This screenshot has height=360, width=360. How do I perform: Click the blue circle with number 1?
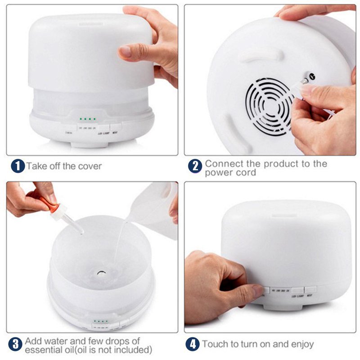(18, 166)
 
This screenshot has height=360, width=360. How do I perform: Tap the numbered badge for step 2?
(194, 166)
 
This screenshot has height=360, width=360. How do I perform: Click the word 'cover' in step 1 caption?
(90, 166)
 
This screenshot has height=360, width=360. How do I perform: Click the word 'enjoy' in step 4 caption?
(301, 345)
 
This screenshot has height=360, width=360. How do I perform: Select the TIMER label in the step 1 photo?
(69, 133)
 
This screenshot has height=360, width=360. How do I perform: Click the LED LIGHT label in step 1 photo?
(103, 133)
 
